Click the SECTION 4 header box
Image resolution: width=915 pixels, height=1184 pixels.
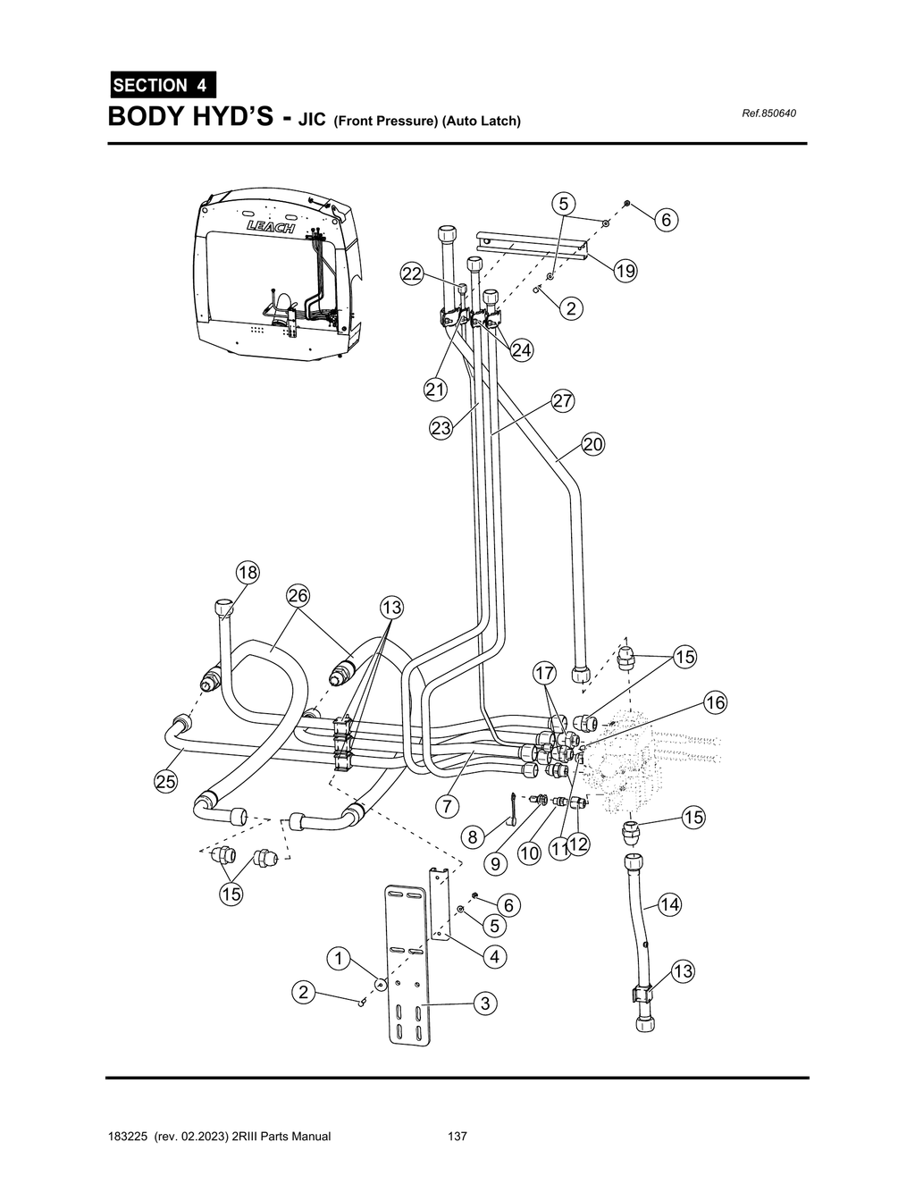pos(161,86)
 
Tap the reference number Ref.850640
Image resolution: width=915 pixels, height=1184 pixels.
pos(769,113)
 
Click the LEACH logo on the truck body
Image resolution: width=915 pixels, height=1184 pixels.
pos(272,229)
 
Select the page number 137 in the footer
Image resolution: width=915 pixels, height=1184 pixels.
pos(457,1137)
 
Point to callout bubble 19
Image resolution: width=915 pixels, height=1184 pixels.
pos(625,271)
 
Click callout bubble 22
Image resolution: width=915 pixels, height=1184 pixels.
pos(412,274)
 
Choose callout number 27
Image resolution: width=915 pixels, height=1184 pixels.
pos(563,401)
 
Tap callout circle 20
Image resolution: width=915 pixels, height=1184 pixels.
pos(593,444)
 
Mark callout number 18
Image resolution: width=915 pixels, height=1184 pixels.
pos(248,573)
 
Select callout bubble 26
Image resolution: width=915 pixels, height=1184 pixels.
pos(298,595)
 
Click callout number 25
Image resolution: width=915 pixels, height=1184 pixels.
pos(165,782)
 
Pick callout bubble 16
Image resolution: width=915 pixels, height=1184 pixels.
pos(715,702)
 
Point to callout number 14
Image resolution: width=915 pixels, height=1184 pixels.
pos(669,905)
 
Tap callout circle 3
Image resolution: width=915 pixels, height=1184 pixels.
pos(485,1003)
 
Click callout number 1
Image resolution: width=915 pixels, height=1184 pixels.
pos(338,959)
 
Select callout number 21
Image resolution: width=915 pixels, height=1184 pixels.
pos(435,390)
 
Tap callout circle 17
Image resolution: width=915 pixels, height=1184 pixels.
pos(545,672)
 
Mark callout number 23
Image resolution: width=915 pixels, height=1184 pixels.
pos(441,428)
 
